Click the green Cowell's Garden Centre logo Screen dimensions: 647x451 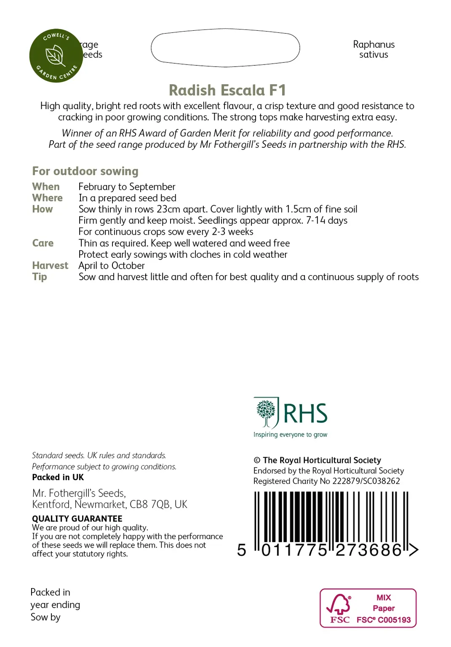(56, 56)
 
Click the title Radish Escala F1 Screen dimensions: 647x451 (227, 90)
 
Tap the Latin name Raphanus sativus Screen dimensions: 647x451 (374, 50)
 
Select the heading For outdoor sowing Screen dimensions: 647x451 (85, 171)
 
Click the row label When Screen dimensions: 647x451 (46, 187)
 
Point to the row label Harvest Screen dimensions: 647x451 (50, 265)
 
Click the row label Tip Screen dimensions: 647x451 (40, 277)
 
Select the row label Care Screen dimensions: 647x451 (43, 243)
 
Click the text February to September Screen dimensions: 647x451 (127, 187)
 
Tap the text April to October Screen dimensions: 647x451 (112, 265)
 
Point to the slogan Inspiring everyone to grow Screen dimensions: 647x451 (290, 435)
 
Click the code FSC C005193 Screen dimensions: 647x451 (384, 620)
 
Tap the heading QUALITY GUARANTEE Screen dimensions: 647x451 (77, 519)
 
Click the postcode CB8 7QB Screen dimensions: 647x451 (150, 504)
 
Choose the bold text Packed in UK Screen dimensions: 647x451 (58, 477)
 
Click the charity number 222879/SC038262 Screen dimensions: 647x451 (366, 481)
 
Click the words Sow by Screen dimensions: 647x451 (45, 617)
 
